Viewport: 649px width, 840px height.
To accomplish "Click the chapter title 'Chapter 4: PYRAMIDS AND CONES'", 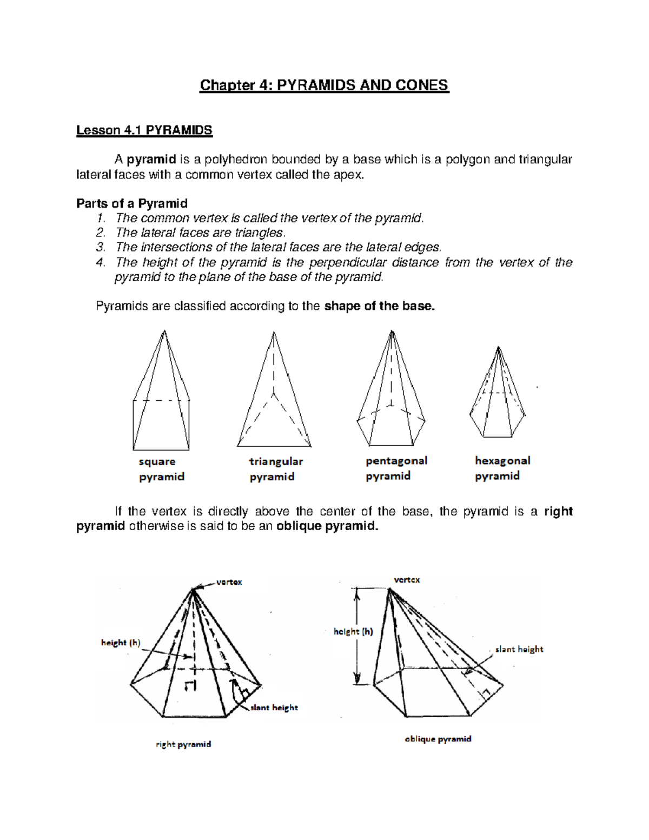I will coord(324,85).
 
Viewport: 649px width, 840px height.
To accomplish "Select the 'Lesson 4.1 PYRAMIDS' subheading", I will coord(144,130).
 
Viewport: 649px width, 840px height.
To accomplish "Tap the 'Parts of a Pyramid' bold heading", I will coord(132,203).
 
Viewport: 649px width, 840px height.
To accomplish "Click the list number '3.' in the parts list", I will coord(101,247).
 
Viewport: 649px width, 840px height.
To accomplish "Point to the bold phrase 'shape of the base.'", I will coord(379,306).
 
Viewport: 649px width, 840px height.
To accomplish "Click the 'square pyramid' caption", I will coord(161,469).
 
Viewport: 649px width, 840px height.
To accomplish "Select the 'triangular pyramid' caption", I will coord(275,469).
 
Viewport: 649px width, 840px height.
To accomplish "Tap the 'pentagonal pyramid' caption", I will coord(396,468).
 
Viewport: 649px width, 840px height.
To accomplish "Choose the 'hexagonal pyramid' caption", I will coord(502,468).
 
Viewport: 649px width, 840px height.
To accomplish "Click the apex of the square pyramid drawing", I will coord(164,332).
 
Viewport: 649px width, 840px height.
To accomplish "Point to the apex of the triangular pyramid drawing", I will coord(274,333).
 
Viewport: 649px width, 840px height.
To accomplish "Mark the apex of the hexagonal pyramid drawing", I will coord(498,347).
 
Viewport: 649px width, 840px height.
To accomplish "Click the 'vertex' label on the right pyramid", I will coord(229,582).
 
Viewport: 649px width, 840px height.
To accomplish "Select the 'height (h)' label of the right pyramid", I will coord(121,643).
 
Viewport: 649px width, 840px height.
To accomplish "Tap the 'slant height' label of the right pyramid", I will coord(274,707).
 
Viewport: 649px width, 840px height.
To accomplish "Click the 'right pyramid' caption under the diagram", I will coord(183,744).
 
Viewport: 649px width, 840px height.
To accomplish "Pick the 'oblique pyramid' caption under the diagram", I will coord(438,739).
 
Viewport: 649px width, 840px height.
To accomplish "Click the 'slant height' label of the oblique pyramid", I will coord(519,649).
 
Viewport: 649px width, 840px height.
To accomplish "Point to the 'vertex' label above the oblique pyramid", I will coord(407,580).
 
